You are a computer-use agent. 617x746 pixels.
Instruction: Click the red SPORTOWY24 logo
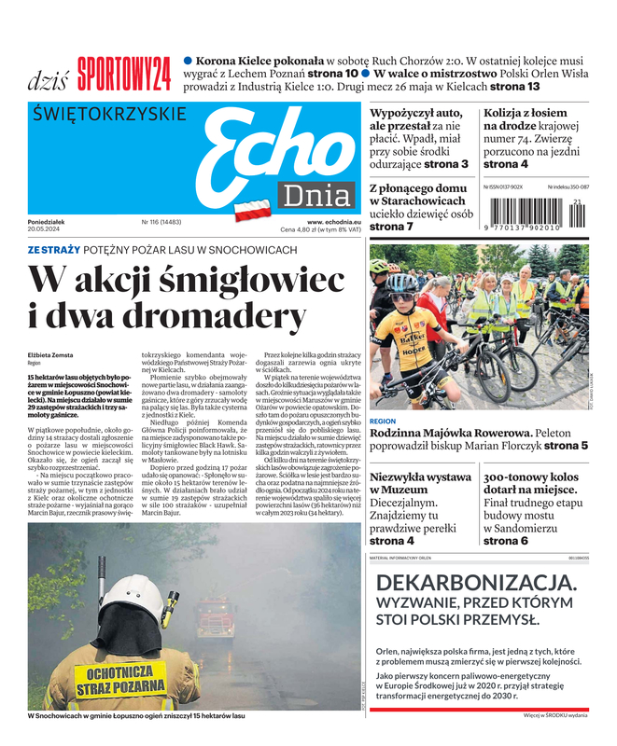pyautogui.click(x=124, y=74)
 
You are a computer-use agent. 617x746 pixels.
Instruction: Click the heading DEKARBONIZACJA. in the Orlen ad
pyautogui.click(x=476, y=584)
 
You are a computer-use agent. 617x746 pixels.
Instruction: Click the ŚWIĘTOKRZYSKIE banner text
pyautogui.click(x=108, y=115)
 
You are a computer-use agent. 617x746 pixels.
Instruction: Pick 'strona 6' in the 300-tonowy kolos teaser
pyautogui.click(x=506, y=541)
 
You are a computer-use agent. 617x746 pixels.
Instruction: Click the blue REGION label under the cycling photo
pyautogui.click(x=383, y=421)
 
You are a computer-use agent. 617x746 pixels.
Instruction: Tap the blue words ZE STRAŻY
pyautogui.click(x=53, y=250)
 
